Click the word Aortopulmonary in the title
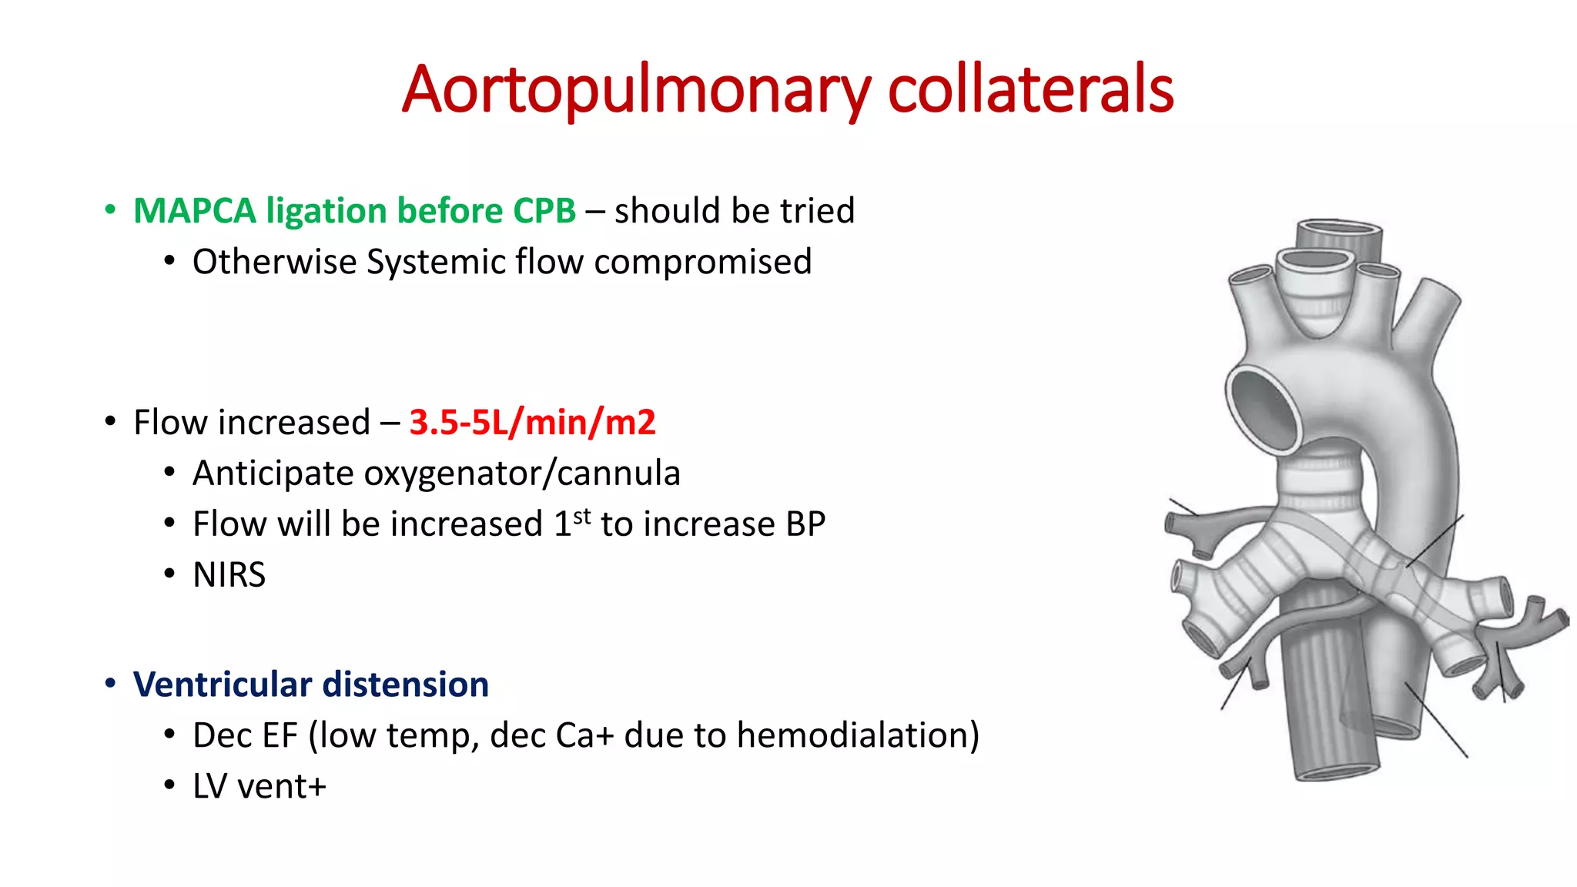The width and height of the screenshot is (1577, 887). click(636, 91)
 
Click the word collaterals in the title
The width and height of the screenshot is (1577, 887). click(1030, 89)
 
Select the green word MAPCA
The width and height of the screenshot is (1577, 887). click(195, 211)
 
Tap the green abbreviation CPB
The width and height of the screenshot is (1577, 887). click(544, 211)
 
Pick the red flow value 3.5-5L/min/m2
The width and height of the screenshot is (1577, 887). click(532, 422)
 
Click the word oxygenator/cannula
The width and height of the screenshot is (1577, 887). click(522, 473)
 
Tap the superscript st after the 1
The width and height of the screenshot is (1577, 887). click(582, 515)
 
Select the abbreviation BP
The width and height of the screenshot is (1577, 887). click(805, 524)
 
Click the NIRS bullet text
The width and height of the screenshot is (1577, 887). click(229, 575)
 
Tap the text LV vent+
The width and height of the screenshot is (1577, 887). click(259, 787)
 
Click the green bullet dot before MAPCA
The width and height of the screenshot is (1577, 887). click(111, 210)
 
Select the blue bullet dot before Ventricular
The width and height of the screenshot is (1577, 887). click(111, 684)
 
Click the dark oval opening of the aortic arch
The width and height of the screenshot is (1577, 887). click(1264, 408)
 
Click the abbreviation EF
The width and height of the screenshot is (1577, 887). click(279, 735)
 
